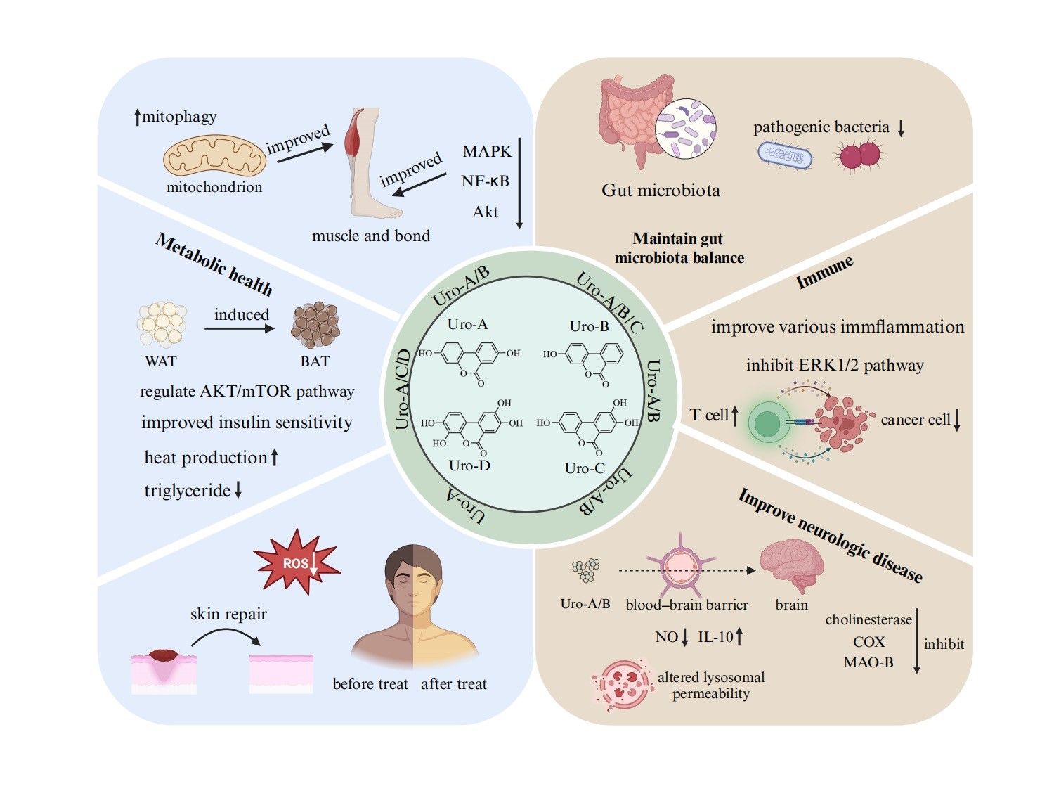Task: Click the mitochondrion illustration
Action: (x=214, y=156)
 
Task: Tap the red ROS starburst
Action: (x=297, y=563)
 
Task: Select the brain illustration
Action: (x=793, y=567)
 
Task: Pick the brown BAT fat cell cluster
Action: (x=315, y=326)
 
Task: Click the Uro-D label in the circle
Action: (x=469, y=465)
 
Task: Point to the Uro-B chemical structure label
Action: (x=589, y=326)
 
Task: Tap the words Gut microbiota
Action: (x=661, y=191)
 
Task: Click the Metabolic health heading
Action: (x=214, y=264)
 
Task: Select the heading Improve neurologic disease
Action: (x=829, y=535)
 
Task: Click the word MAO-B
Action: (x=868, y=662)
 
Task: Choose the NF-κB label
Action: (x=485, y=181)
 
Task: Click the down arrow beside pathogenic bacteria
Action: (x=901, y=128)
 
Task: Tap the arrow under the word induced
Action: (x=240, y=328)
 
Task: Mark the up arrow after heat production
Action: (x=275, y=458)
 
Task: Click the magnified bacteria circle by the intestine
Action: (x=686, y=129)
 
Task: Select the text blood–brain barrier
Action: (x=687, y=605)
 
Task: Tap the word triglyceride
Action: (x=187, y=490)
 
